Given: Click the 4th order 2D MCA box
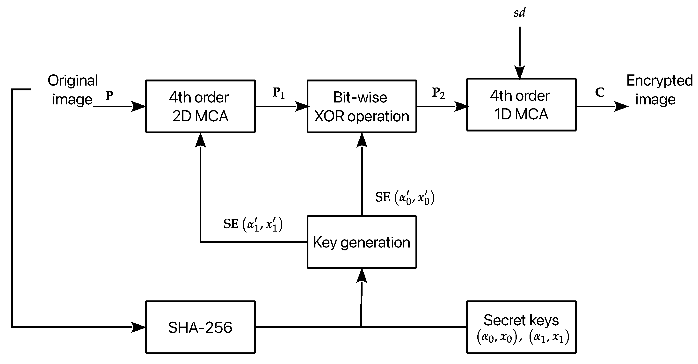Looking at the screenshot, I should click(200, 106).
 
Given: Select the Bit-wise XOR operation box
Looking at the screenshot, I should click(362, 106).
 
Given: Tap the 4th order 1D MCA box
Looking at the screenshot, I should click(521, 105).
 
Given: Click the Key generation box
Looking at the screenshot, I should click(362, 242).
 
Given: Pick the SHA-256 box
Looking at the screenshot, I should click(200, 327).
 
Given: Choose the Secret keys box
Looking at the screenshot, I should click(521, 327).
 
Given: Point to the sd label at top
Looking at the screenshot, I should click(519, 13).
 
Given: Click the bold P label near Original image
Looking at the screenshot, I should click(109, 95).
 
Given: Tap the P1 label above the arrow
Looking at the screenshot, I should click(278, 93).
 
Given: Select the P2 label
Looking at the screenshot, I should click(438, 93).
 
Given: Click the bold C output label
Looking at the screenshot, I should click(599, 92).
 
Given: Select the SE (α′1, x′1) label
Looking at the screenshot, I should click(253, 224).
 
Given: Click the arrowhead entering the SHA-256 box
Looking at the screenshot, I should click(139, 327).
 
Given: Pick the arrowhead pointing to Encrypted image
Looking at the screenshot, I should click(621, 106).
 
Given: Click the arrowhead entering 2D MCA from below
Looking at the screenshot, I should click(201, 140).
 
